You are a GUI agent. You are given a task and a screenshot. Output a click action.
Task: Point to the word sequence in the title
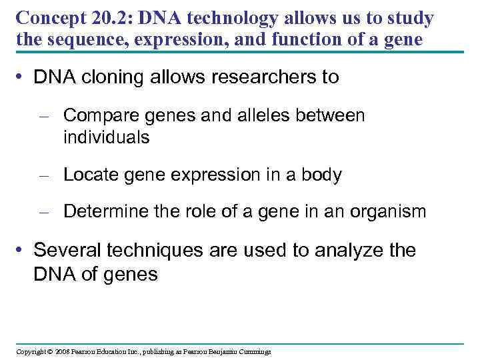74,40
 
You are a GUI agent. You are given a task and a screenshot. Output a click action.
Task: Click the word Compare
99,115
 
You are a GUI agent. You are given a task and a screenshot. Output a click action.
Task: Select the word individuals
107,137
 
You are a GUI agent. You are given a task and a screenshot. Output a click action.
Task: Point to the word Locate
89,175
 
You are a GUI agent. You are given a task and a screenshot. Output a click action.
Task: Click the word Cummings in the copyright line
253,351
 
